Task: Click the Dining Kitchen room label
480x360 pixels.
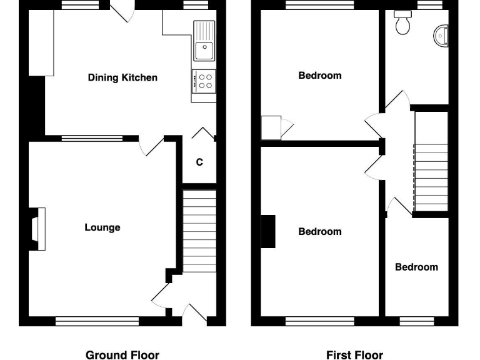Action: coord(122,77)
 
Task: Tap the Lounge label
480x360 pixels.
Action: coord(102,227)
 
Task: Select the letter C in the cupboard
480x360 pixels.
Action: coord(199,162)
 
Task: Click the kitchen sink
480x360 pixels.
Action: coord(204,39)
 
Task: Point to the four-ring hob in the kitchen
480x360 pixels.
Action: coord(204,81)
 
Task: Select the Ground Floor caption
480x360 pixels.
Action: coord(122,355)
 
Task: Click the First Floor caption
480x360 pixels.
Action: coord(354,355)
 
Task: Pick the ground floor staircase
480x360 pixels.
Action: coord(199,231)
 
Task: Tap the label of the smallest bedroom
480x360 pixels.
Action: coord(416,267)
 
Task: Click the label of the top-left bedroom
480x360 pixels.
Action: coord(320,76)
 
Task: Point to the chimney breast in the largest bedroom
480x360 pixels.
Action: coord(268,231)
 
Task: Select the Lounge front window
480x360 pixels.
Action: coord(97,321)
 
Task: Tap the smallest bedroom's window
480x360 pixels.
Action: coord(416,321)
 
